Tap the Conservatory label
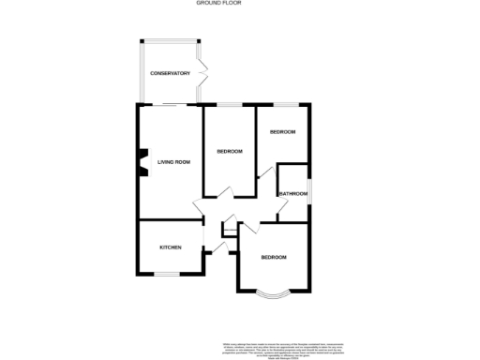coord(171,73)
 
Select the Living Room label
coord(173,162)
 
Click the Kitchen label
coord(170,247)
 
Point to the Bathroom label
coord(292,194)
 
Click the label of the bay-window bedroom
coord(274,257)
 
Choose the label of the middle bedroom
coord(230,152)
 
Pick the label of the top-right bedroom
coord(282,132)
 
